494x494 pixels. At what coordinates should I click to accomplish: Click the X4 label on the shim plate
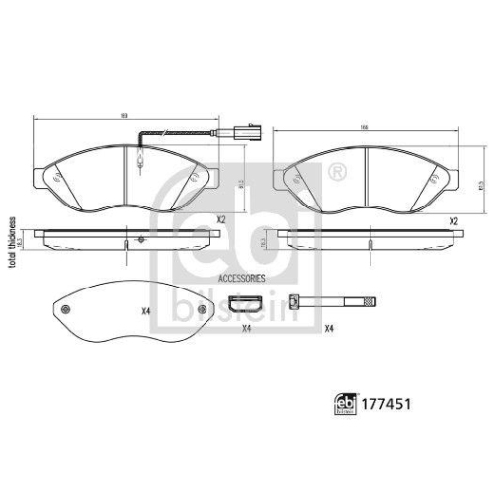(145, 313)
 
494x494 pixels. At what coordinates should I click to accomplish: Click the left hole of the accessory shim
(66, 312)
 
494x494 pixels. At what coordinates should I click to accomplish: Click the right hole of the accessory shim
(203, 312)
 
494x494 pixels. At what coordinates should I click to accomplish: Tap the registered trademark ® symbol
(338, 172)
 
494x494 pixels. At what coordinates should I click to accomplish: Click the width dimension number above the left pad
(123, 115)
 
